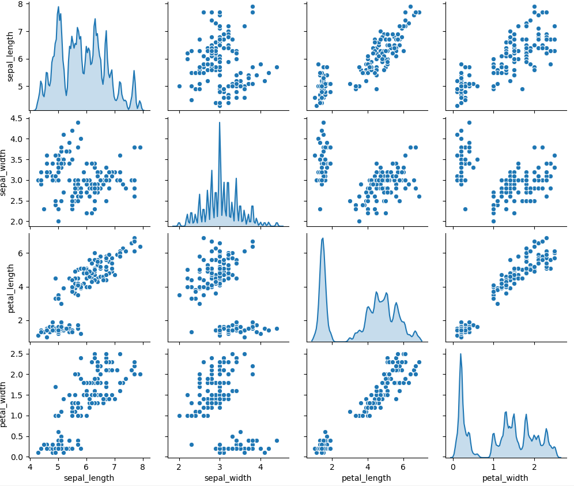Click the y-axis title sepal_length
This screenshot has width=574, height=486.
click(10, 57)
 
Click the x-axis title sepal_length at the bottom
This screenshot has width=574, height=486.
click(89, 478)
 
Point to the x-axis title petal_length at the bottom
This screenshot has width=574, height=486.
click(366, 478)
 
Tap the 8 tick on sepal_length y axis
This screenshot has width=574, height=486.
click(21, 4)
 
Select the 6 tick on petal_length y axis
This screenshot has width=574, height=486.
click(21, 253)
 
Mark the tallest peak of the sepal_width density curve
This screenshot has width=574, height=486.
click(219, 122)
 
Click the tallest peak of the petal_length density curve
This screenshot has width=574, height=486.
click(323, 238)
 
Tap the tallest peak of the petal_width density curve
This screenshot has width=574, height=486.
click(460, 354)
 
